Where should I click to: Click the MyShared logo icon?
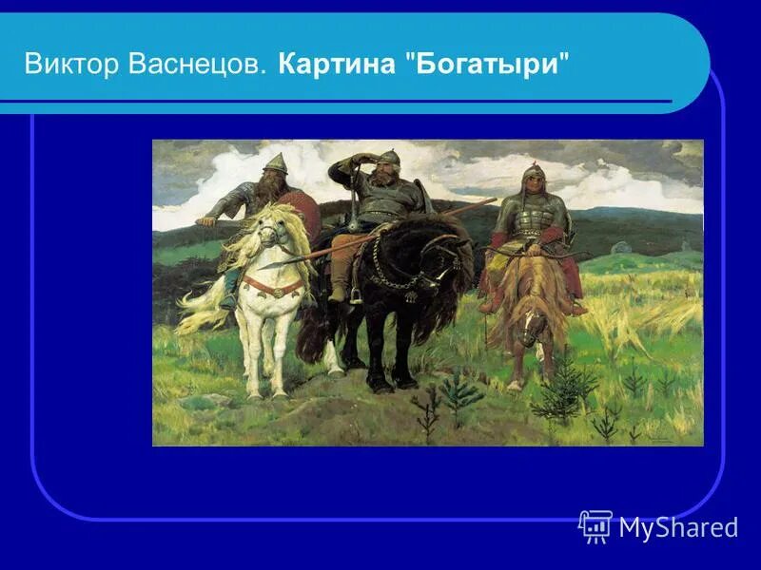[595, 525]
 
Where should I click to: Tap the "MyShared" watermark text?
[677, 527]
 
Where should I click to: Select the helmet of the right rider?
[534, 172]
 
